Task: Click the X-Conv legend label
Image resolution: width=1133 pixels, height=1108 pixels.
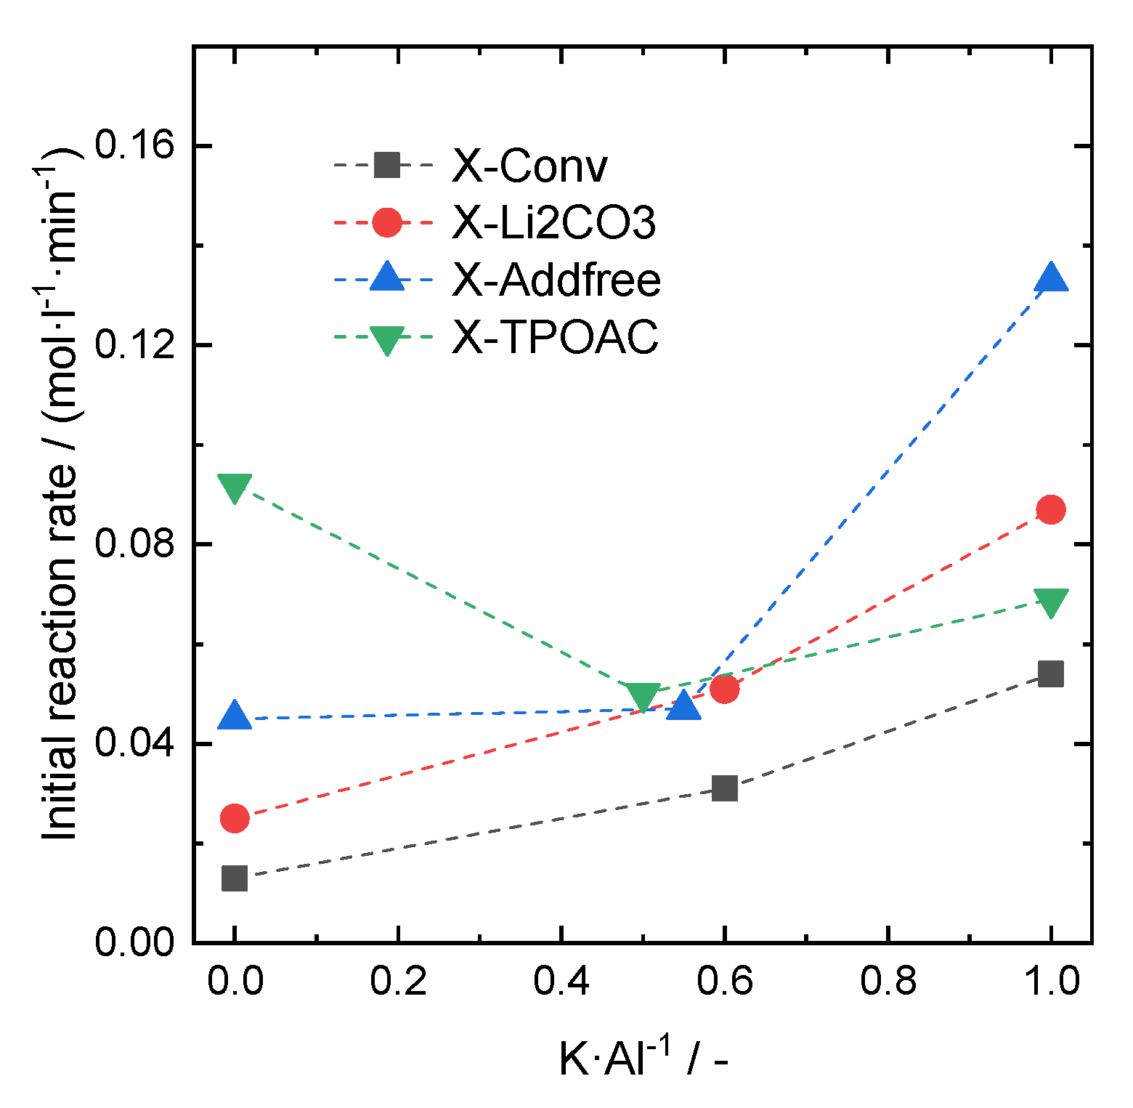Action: [529, 166]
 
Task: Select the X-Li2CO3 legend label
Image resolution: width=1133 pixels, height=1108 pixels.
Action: [553, 222]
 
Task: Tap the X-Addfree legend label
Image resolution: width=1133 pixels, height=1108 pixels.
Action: [556, 280]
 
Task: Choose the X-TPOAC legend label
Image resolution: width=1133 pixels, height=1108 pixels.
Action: [555, 336]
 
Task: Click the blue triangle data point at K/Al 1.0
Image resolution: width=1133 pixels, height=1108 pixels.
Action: [1051, 279]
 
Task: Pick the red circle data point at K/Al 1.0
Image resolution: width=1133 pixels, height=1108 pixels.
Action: [1051, 509]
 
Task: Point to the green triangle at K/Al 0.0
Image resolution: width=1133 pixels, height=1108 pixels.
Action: [235, 488]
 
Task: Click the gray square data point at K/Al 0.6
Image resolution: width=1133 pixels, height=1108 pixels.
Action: [724, 788]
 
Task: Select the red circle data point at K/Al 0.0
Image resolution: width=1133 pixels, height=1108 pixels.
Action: [235, 818]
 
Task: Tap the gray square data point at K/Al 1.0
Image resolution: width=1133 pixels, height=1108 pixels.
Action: [1051, 674]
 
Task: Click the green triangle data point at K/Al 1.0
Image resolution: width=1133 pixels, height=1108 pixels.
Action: [1051, 602]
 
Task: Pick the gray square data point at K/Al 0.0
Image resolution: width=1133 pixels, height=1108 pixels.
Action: [235, 878]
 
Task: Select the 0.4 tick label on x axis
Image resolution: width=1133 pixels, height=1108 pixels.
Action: [561, 982]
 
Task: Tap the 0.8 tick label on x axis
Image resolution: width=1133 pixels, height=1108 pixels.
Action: [888, 982]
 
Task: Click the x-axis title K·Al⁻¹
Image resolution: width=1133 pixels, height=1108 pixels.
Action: [642, 1058]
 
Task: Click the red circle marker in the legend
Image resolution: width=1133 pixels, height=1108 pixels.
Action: [387, 222]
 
